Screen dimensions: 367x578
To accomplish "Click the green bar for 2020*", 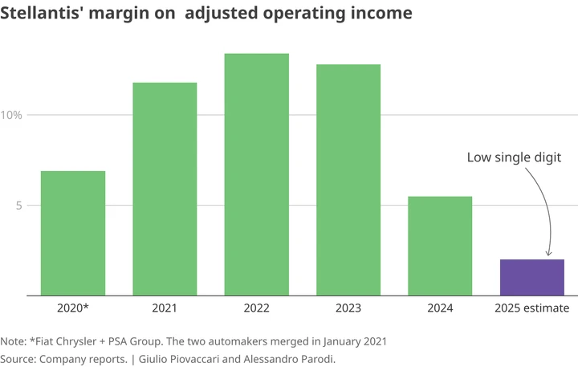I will (73, 233).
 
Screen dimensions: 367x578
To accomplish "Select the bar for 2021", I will (165, 189).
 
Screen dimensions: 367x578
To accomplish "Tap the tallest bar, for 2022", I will (256, 174).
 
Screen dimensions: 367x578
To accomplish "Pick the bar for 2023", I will (348, 180).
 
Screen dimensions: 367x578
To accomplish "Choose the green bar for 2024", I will (440, 246).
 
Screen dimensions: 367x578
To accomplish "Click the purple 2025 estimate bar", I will (531, 277).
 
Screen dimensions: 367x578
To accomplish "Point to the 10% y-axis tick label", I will (12, 115).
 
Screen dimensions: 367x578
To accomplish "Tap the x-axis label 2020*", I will (73, 308).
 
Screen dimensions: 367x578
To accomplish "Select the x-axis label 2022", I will (256, 308).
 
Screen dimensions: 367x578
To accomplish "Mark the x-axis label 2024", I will (440, 308).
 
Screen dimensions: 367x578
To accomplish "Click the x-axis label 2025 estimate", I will (531, 308).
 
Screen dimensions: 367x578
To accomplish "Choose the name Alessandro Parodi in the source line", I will (287, 358).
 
